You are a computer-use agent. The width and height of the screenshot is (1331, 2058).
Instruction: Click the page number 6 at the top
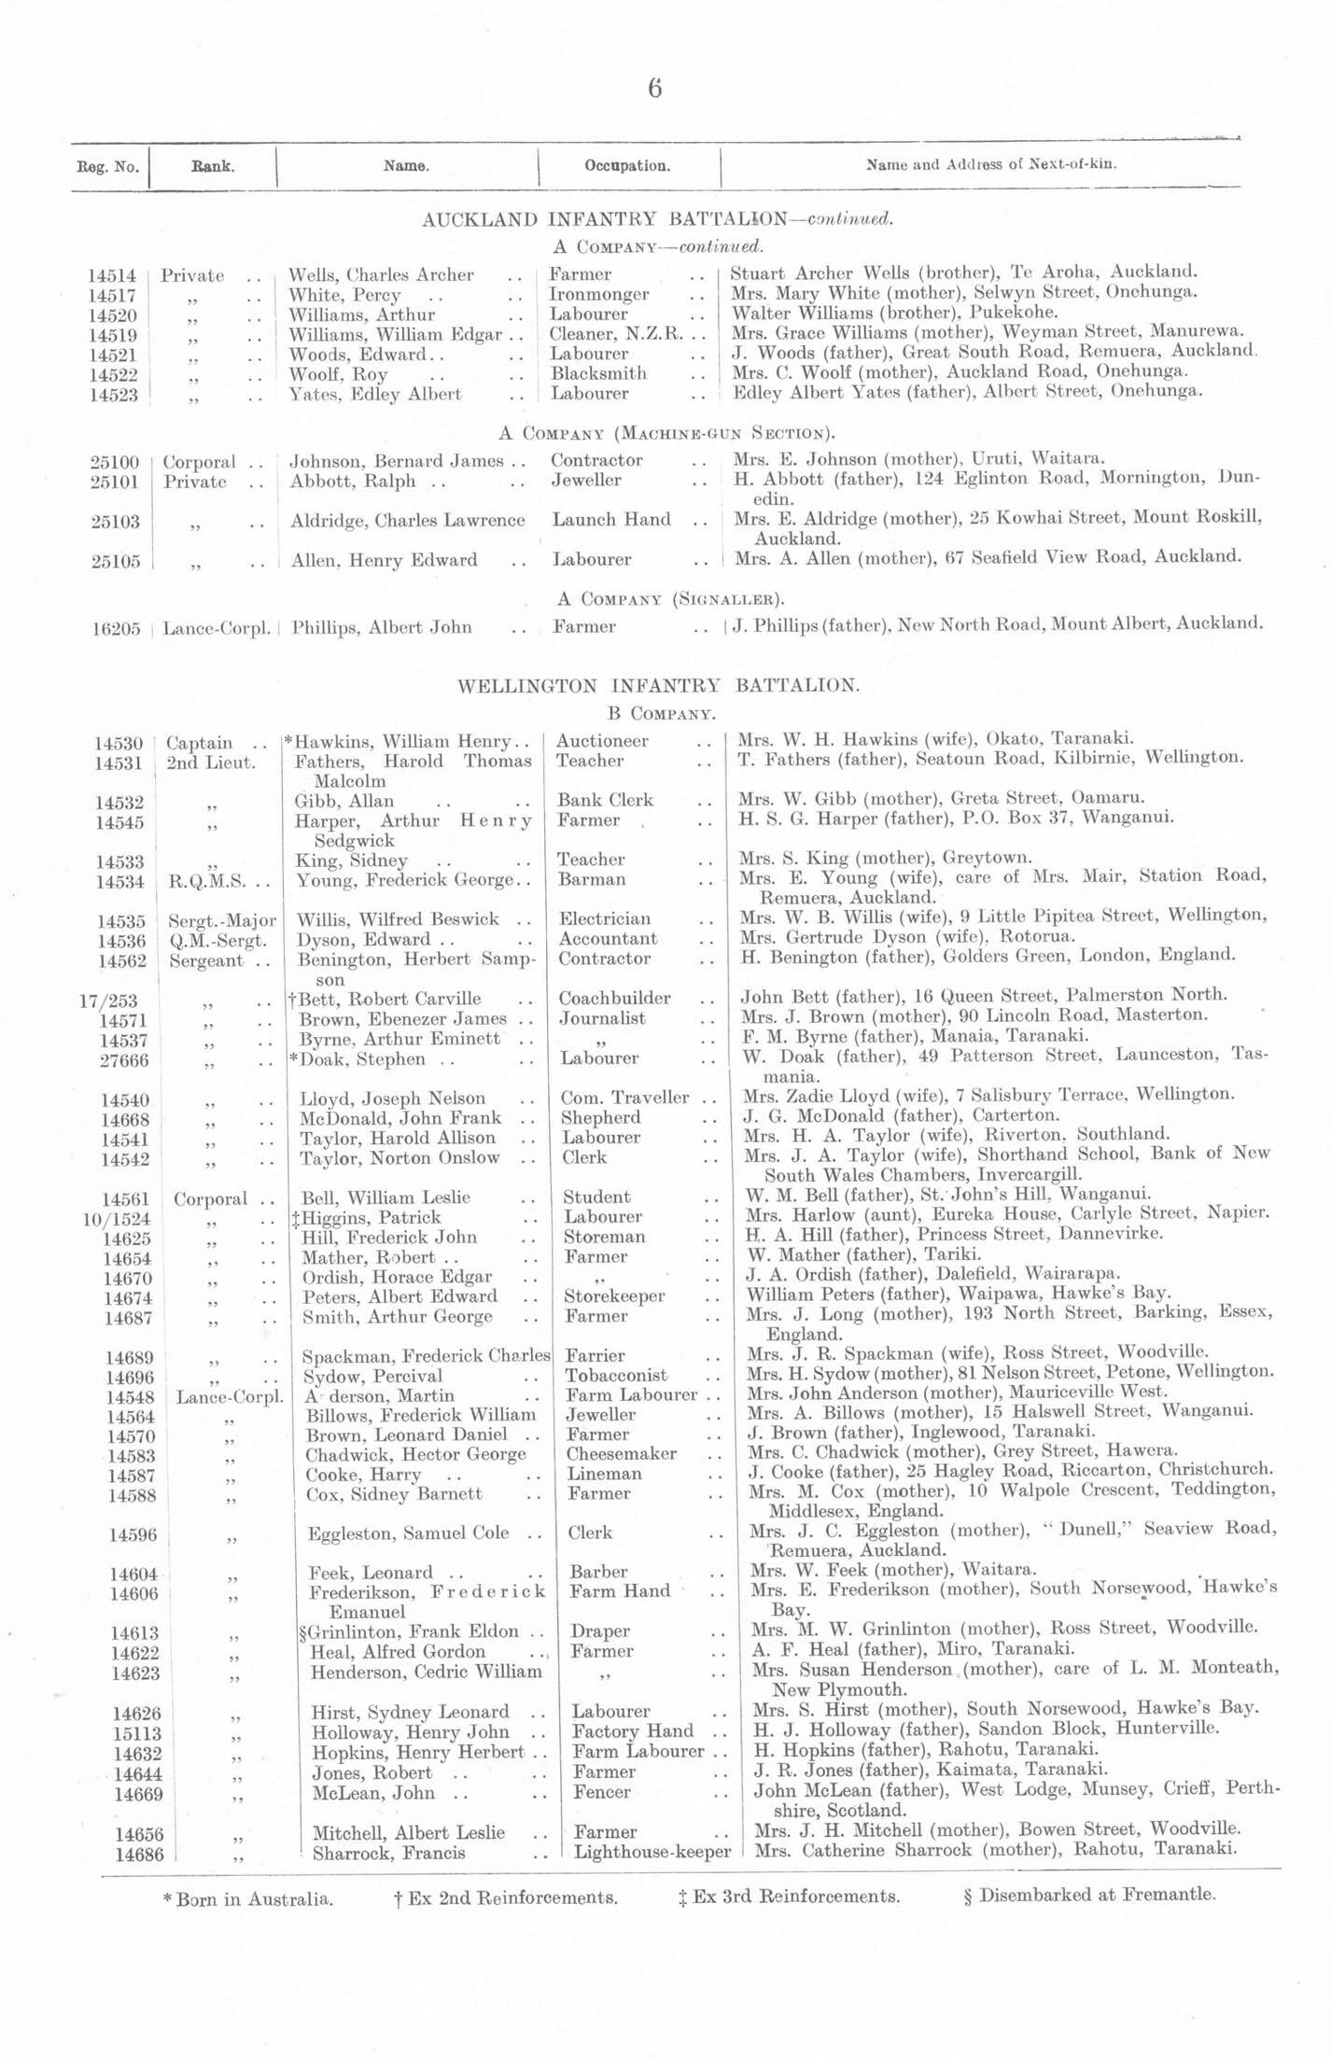[x=654, y=89]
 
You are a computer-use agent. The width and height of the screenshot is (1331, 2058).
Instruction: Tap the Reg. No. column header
[x=107, y=167]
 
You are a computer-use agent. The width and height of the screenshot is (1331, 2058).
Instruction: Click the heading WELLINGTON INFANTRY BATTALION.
[x=657, y=686]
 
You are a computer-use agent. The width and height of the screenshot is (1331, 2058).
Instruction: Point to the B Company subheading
[x=661, y=715]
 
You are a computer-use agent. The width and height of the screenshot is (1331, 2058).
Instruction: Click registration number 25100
[x=115, y=462]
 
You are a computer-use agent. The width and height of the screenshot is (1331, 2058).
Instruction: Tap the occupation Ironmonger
[x=598, y=294]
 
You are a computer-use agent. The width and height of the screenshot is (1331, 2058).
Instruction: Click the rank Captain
[x=200, y=743]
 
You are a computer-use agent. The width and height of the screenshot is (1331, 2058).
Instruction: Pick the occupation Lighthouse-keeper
[x=651, y=1852]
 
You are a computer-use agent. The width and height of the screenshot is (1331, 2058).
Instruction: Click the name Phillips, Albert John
[x=381, y=627]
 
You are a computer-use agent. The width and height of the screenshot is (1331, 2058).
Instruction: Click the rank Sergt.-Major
[x=222, y=920]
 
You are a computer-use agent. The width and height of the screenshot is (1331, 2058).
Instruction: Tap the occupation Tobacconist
[x=616, y=1375]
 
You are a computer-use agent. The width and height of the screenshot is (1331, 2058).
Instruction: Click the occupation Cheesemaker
[x=622, y=1453]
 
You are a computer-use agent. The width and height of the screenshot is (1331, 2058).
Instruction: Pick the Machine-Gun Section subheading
[x=666, y=433]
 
